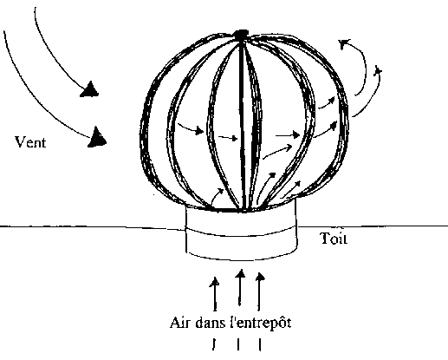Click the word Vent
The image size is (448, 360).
(30, 142)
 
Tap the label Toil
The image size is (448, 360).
(334, 239)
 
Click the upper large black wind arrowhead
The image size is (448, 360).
(89, 89)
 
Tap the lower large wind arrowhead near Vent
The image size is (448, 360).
(97, 137)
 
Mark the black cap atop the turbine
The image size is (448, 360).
(242, 35)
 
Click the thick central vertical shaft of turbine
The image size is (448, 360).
(242, 124)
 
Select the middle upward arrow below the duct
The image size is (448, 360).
(240, 287)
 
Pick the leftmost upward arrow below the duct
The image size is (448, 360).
(215, 294)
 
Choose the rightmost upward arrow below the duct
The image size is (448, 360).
(260, 291)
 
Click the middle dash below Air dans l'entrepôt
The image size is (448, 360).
(238, 344)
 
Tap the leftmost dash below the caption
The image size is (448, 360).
(213, 344)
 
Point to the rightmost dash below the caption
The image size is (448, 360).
(260, 344)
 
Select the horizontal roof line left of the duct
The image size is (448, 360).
(93, 227)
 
